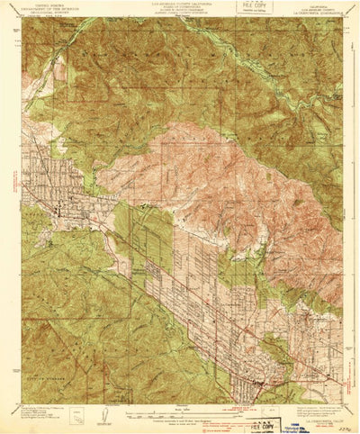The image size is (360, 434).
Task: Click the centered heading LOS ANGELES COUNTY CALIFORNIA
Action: click(180, 4)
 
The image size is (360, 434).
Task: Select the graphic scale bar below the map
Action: click(180, 416)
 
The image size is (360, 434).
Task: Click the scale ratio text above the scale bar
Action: click(180, 411)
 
